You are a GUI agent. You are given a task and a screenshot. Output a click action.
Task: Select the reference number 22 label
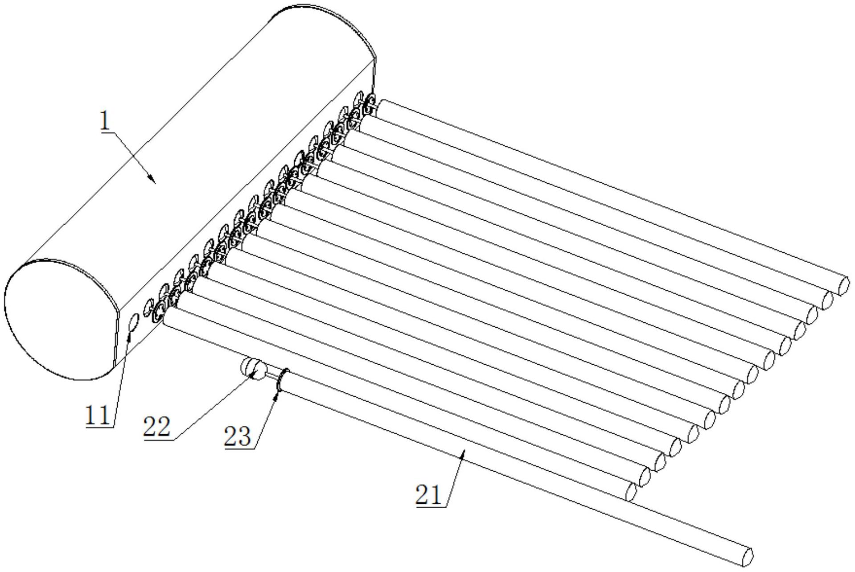(156, 427)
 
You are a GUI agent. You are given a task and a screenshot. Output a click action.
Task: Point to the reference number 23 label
(238, 436)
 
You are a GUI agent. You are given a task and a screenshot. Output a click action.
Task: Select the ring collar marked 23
(282, 381)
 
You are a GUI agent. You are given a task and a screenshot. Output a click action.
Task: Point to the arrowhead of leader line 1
(153, 180)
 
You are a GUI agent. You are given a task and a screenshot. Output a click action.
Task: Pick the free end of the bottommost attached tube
(630, 492)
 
